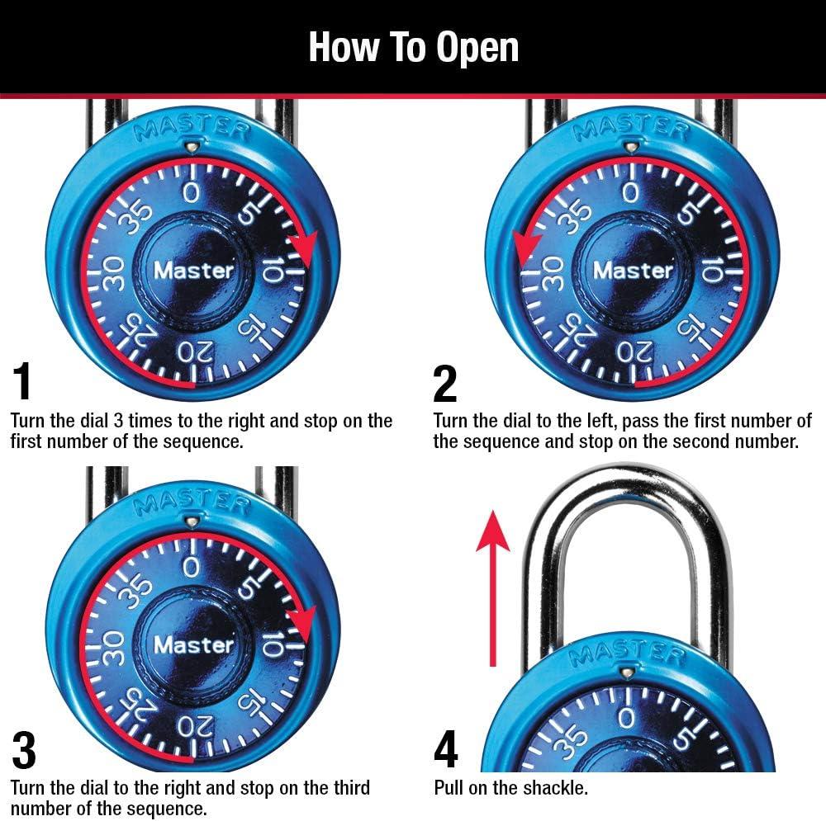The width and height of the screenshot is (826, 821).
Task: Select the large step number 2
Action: [445, 383]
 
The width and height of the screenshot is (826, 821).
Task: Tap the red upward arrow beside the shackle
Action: [493, 586]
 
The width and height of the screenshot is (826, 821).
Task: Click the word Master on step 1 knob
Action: [194, 270]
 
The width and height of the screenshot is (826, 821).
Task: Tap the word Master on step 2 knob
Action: [634, 270]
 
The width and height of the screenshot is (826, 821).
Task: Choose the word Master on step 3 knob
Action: [194, 644]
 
